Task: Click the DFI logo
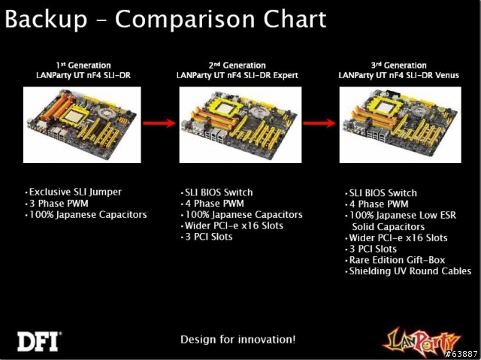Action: pyautogui.click(x=39, y=341)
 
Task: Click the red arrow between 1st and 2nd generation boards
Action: pyautogui.click(x=159, y=123)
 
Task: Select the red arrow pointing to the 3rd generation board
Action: pyautogui.click(x=319, y=123)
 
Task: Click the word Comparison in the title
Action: pyautogui.click(x=185, y=19)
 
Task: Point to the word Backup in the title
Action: pyautogui.click(x=47, y=19)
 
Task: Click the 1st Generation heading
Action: pyautogui.click(x=83, y=65)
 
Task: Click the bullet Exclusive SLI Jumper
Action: pyautogui.click(x=74, y=192)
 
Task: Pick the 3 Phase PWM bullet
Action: pyautogui.click(x=57, y=204)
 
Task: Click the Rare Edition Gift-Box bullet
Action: pyautogui.click(x=395, y=260)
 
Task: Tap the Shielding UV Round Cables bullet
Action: pyautogui.click(x=408, y=271)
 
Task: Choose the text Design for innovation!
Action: pyautogui.click(x=237, y=340)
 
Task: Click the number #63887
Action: pyautogui.click(x=461, y=354)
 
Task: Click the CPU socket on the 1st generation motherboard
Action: pyautogui.click(x=74, y=115)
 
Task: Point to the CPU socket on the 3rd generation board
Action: pyautogui.click(x=386, y=107)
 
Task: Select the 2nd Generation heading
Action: pyautogui.click(x=237, y=65)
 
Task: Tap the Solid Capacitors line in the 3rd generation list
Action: pyautogui.click(x=389, y=227)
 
